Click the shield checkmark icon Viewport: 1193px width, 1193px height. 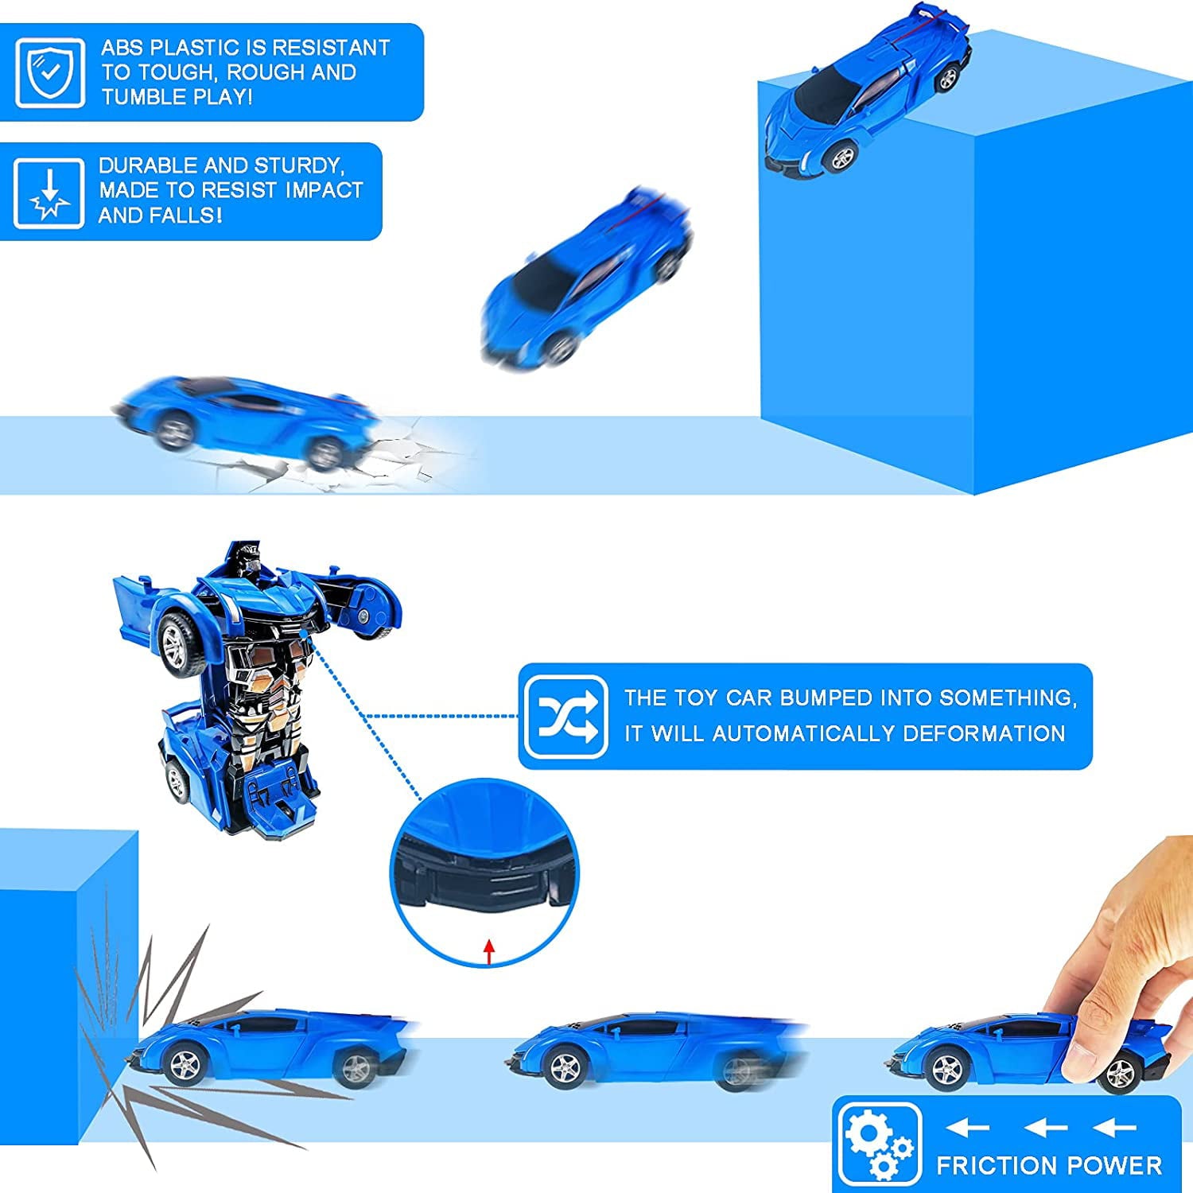(50, 72)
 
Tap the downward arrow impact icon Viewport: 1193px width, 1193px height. (49, 193)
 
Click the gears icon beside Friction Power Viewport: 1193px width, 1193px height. (877, 1144)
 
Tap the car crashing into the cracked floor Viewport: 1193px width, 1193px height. (247, 422)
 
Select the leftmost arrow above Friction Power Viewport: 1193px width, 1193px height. (966, 1128)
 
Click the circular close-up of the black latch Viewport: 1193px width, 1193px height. (485, 875)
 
